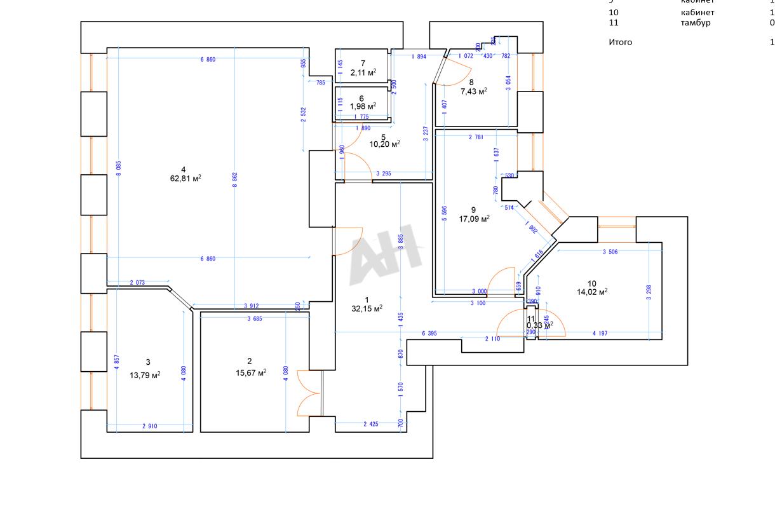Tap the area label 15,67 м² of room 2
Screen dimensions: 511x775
tap(250, 372)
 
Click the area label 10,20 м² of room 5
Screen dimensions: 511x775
tap(385, 144)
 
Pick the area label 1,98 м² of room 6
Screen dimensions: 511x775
tap(363, 106)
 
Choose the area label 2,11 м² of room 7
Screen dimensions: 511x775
tap(363, 72)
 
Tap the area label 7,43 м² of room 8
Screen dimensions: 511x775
tap(474, 91)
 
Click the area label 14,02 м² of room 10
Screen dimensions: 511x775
tap(592, 292)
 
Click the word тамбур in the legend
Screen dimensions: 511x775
tap(696, 23)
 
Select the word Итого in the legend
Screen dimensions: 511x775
tap(621, 43)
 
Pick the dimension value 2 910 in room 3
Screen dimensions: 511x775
tap(149, 426)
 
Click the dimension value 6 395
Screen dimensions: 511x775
tap(429, 333)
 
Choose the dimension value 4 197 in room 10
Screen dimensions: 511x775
tap(601, 333)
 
